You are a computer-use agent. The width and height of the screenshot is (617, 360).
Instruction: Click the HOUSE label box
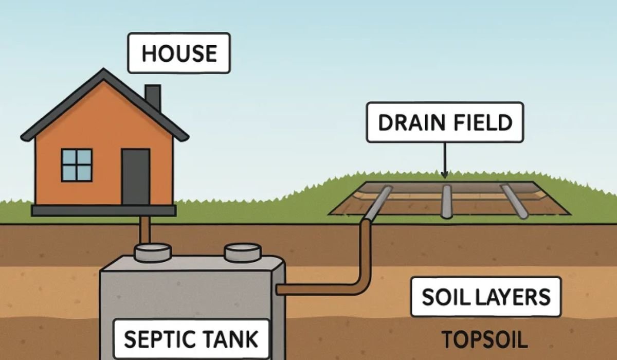(x=179, y=53)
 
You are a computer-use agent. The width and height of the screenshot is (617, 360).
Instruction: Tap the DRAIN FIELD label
(x=445, y=122)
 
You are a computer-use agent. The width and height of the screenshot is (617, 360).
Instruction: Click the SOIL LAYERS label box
(x=486, y=297)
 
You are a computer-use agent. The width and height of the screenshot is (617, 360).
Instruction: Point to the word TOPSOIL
(x=485, y=339)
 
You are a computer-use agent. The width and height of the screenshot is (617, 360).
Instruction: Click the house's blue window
(x=77, y=165)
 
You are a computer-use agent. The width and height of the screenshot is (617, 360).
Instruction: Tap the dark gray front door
(x=136, y=177)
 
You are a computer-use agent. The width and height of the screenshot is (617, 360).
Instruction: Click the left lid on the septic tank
(x=153, y=251)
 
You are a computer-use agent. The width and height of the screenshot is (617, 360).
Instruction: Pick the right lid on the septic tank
(x=243, y=251)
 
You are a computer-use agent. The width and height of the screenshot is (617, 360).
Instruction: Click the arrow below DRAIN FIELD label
(x=445, y=162)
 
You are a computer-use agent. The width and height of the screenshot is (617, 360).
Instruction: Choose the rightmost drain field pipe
(x=515, y=202)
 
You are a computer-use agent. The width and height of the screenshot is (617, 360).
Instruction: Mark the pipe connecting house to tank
(x=146, y=229)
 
